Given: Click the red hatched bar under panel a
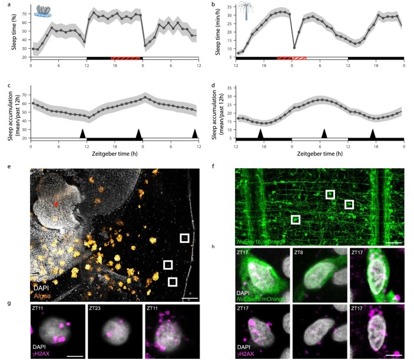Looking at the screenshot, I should pos(125,59).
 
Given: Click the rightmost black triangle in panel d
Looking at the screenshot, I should pos(372,133).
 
